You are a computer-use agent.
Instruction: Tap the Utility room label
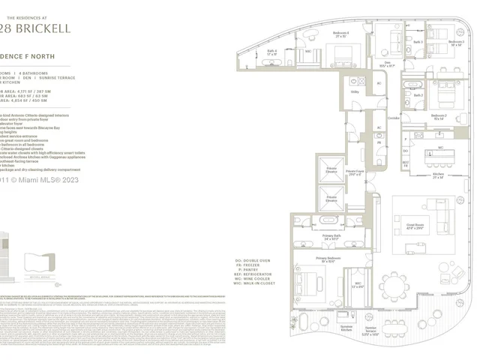355,91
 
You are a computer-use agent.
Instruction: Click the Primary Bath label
331,237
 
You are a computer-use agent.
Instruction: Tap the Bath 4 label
271,52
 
